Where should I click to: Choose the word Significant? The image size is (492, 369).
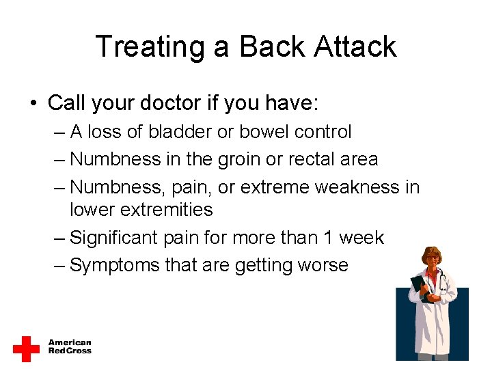[115, 238]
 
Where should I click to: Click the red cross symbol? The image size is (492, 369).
[27, 348]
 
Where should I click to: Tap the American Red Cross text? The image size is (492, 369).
[69, 346]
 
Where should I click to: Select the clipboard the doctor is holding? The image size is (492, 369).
[419, 288]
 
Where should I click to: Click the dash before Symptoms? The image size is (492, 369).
[59, 265]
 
